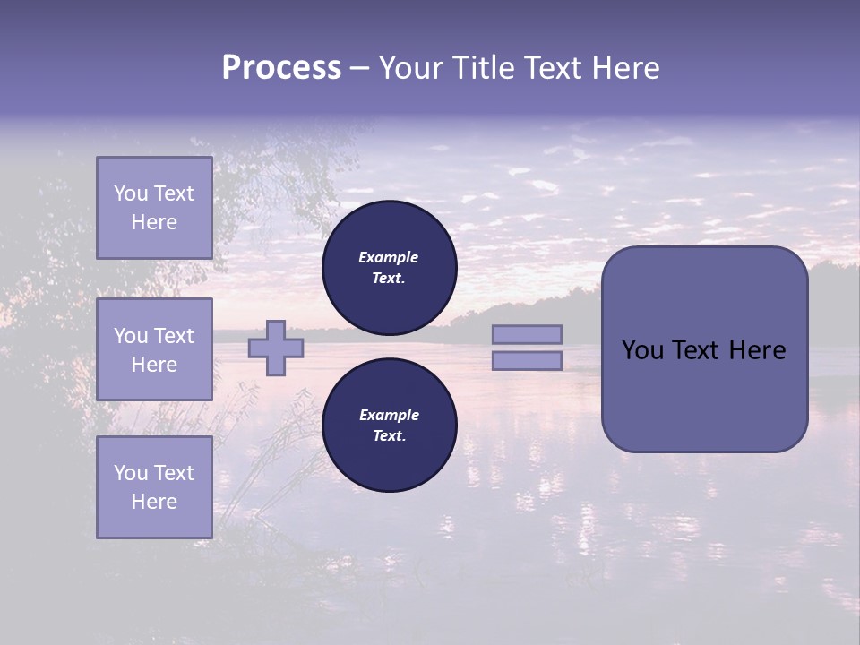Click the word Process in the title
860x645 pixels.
pos(281,68)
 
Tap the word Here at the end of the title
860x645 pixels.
pos(624,68)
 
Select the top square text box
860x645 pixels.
pos(154,208)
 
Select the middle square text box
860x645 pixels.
pos(154,349)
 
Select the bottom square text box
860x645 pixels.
pos(154,487)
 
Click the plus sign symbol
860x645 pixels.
pos(276,348)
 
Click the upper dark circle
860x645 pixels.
pos(390,267)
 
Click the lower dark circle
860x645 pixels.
pos(390,425)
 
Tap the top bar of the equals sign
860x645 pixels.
pos(527,334)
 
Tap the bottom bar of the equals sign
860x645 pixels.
pos(527,360)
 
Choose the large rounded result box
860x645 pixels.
pos(704,349)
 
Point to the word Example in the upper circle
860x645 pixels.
pos(389,257)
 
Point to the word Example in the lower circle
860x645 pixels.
pos(389,415)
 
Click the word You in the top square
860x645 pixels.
pos(130,193)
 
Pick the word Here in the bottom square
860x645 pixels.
pos(154,502)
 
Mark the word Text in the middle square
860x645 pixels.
pos(174,336)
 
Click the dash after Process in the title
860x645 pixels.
pos(359,68)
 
